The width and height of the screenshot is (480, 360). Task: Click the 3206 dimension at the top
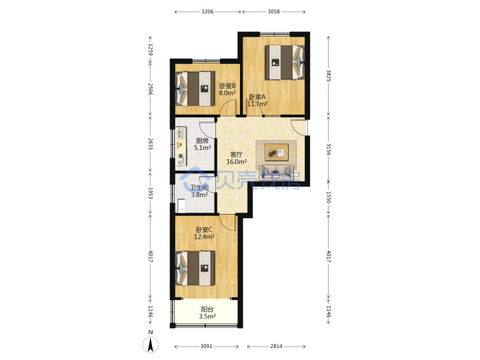click(207, 11)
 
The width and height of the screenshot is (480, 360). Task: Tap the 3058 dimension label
click(274, 11)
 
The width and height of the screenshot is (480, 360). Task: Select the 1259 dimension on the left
click(150, 49)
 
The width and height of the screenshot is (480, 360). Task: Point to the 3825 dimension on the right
click(328, 75)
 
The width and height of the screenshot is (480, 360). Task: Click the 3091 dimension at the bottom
click(206, 346)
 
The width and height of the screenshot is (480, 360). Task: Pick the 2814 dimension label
click(276, 346)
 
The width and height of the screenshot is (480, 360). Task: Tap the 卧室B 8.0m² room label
click(227, 89)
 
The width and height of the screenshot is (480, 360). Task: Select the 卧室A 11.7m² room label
click(257, 100)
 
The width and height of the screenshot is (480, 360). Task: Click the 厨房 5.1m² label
click(203, 144)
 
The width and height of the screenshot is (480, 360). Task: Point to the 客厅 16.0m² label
click(236, 158)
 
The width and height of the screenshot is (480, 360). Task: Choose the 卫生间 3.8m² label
click(199, 191)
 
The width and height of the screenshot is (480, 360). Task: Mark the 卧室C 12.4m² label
click(204, 233)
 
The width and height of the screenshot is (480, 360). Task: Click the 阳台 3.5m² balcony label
click(207, 313)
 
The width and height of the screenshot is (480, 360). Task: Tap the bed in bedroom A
click(285, 62)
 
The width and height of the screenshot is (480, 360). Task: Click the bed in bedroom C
click(195, 268)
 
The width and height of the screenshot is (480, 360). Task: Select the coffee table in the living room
click(277, 152)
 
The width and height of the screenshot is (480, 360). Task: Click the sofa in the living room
click(276, 173)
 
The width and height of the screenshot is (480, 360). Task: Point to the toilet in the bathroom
click(181, 206)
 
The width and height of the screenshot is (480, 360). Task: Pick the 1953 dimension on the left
click(150, 193)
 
